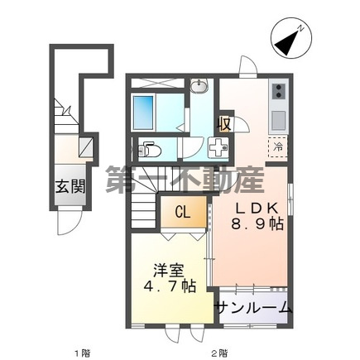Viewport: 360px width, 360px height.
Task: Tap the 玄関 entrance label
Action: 70,187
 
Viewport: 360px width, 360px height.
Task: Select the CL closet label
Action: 183,212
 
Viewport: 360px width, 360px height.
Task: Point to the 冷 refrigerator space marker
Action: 278,147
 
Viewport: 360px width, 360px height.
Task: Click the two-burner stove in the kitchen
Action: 279,92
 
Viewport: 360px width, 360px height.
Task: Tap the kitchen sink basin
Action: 279,120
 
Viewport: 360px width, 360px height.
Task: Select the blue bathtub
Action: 143,113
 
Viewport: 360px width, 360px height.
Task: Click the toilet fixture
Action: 149,150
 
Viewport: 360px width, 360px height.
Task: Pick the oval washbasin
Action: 199,86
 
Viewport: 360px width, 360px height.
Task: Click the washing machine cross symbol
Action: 218,148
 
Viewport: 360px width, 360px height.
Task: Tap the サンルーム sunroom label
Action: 253,307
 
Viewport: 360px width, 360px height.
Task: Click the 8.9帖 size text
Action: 257,225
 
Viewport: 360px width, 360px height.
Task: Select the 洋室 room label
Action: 169,271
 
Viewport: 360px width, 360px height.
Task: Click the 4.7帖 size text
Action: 170,286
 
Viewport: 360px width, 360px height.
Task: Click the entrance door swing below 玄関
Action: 69,221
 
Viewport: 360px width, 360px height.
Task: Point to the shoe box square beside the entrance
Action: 86,146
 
